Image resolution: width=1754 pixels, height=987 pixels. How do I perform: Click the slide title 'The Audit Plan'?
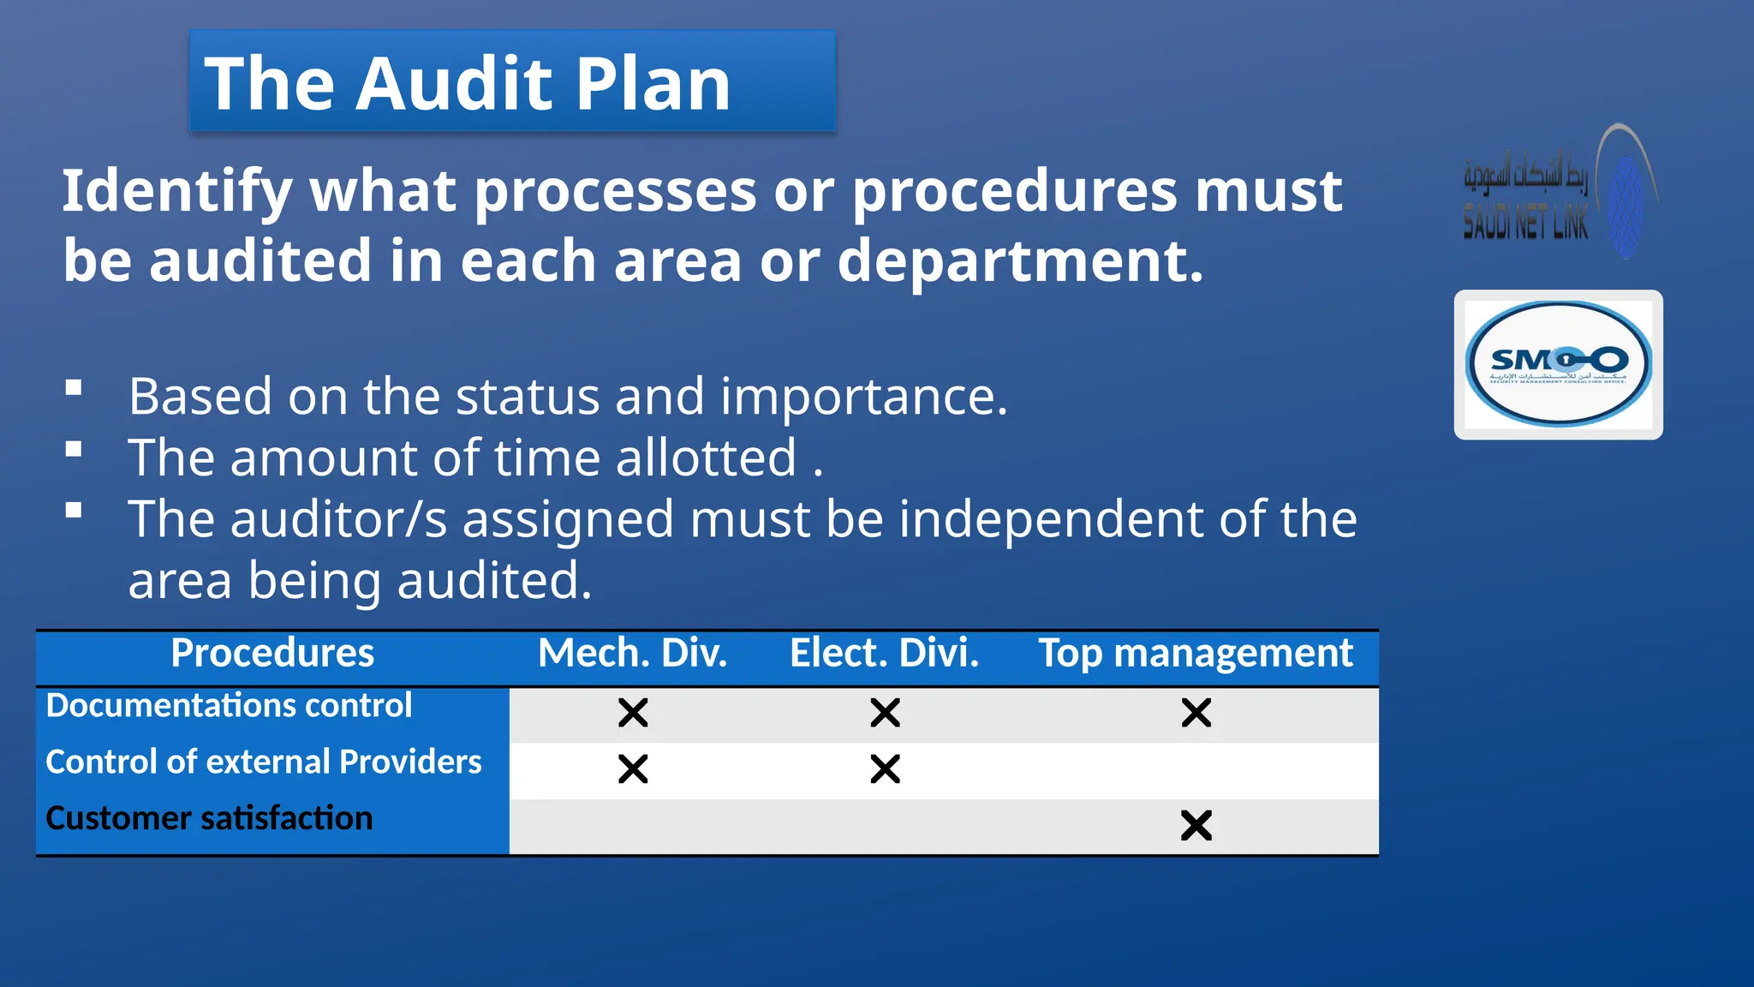coord(468,83)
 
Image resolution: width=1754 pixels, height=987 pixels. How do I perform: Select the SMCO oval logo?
coord(1558,364)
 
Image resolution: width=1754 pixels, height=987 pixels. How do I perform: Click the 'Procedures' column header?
coord(272,653)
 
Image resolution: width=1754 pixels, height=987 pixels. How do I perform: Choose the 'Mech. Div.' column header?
coord(632,653)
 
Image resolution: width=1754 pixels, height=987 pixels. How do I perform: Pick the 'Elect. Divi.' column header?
coord(884,653)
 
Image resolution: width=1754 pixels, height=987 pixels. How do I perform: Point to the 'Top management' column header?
coord(1196,653)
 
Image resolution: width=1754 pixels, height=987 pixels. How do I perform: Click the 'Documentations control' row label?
coord(229,705)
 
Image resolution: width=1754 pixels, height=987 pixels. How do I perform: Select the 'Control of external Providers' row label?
coord(264,762)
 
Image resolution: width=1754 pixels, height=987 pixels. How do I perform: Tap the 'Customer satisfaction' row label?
coord(209,818)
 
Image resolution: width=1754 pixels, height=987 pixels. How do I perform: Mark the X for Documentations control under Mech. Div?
coord(633,713)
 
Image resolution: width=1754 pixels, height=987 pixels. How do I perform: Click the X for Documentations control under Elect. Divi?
coord(885,713)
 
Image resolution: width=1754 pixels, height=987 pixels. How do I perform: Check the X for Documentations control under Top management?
coord(1196,713)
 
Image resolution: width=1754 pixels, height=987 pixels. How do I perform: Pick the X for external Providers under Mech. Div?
coord(633,769)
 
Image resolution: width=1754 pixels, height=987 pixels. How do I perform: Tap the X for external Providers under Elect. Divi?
coord(885,769)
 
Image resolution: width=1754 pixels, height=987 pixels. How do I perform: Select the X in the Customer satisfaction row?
coord(1196,826)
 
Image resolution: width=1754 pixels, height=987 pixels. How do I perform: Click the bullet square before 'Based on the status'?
coord(74,388)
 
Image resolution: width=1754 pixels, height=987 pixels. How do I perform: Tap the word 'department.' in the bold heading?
coord(1020,260)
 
